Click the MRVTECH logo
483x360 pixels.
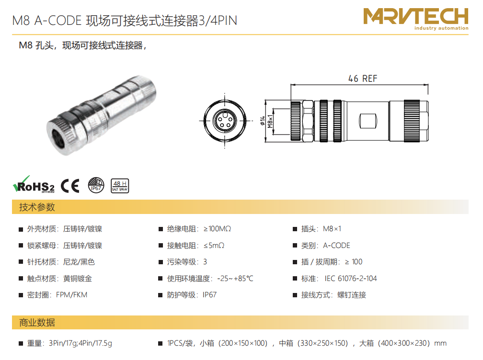point(415,19)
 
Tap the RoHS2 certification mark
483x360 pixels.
point(34,185)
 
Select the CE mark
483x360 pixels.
point(70,186)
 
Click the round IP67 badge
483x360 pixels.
point(96,185)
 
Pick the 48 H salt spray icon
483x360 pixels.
point(120,186)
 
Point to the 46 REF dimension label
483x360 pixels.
point(363,79)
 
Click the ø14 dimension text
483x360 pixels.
point(263,121)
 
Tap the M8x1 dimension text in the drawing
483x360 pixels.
point(270,121)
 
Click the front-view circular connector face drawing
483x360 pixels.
point(225,120)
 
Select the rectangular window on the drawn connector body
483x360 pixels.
point(368,121)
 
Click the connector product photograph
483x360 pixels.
point(102,115)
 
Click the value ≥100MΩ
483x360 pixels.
point(217,229)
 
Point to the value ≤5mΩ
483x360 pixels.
point(214,246)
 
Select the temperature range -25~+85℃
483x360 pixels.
point(235,279)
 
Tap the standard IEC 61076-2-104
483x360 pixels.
point(351,279)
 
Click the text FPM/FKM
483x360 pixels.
point(71,295)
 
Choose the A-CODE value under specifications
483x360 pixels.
point(336,246)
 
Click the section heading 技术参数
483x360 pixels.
point(37,207)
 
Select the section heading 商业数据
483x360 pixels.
point(37,323)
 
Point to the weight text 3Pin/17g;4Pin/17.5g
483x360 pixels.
point(80,343)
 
